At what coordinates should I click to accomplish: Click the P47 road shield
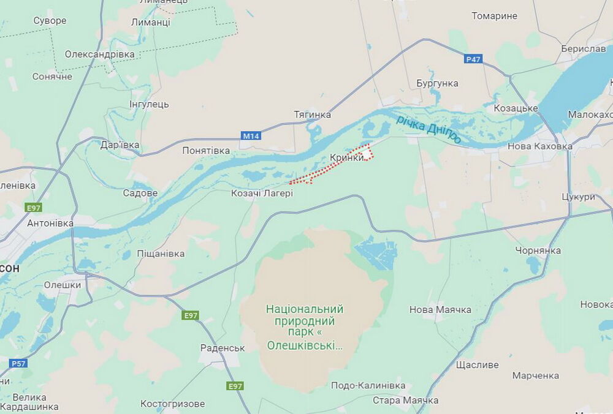473,59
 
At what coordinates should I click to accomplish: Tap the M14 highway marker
251,136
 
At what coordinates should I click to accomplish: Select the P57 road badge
18,363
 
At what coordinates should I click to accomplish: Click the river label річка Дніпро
429,129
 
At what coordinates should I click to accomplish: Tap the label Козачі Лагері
262,193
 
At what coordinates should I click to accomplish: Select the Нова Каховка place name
539,146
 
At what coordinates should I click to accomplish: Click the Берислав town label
583,48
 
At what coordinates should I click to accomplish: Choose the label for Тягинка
312,115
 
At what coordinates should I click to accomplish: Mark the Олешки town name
63,285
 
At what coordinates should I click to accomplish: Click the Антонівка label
50,223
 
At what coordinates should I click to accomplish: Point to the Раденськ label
223,348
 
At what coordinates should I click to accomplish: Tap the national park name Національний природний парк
305,327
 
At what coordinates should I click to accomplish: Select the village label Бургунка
437,83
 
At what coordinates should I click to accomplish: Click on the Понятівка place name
206,150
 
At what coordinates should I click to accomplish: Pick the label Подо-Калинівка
368,385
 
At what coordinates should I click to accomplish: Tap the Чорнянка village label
538,250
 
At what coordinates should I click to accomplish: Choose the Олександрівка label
99,54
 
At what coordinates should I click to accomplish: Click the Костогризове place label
172,404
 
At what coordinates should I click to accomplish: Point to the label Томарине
494,16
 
